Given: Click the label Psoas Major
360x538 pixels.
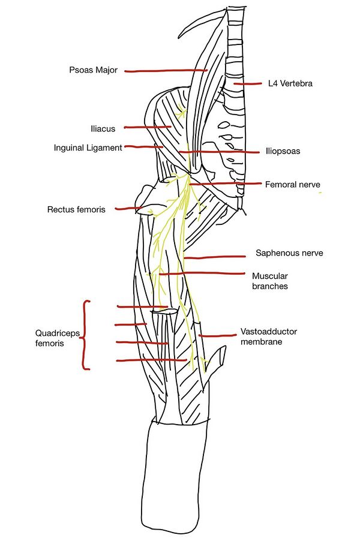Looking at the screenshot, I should coord(94,70).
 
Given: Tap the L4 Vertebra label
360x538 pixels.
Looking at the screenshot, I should coord(290,84).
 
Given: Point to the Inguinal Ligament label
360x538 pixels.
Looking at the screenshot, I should coord(88,147).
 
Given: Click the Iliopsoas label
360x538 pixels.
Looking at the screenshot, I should coord(283,151).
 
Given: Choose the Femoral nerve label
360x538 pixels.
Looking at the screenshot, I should coord(293,185).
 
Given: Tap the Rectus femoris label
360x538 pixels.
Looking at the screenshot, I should coord(76,209).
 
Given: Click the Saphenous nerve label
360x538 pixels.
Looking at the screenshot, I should coord(289,253).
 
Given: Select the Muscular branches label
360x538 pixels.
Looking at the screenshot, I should coord(270,281).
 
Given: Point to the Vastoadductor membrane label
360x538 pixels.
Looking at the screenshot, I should coord(269,336).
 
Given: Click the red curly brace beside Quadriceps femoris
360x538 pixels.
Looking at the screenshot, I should coord(86,335).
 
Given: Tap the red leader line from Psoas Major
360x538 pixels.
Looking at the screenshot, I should coord(166,71).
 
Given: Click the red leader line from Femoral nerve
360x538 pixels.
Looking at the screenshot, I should coord(225,183).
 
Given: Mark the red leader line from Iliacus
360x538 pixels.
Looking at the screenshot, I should coord(148,127).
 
